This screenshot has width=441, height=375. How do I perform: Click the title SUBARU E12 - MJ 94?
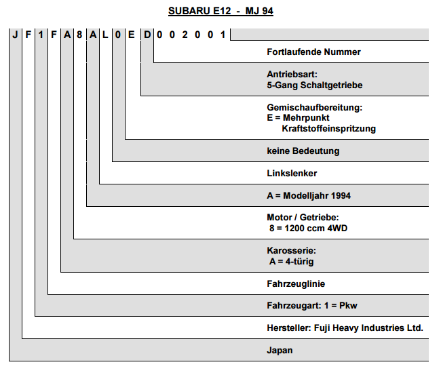pos(220,11)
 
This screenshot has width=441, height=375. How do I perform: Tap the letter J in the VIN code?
pos(15,35)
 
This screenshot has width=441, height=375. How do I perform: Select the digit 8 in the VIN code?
pos(79,35)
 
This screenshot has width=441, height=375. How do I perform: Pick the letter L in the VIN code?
pos(105,35)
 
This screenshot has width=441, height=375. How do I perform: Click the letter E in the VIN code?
pos(132,35)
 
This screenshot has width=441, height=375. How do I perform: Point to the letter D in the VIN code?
pos(147,35)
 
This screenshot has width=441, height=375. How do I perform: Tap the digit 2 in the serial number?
pos(185,35)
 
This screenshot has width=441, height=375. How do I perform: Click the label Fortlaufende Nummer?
pos(313,52)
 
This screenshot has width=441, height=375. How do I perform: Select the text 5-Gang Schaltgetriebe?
pos(315,85)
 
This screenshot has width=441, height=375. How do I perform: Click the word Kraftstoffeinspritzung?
pos(329,128)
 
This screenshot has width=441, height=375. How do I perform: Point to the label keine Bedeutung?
pos(303,151)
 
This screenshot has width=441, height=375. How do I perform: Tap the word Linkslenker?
pos(292,173)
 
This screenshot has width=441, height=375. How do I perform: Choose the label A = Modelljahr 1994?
pos(309,195)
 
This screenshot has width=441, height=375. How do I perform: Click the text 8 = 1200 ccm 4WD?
pos(308,228)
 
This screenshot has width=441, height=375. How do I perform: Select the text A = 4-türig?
pos(291,262)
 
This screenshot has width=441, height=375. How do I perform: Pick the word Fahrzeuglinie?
pos(296,283)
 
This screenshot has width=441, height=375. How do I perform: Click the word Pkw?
pos(348,306)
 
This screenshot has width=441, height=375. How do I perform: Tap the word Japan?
pos(280,351)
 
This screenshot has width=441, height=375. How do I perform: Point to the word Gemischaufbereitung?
pos(313,107)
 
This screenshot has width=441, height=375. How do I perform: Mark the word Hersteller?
pos(289,328)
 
